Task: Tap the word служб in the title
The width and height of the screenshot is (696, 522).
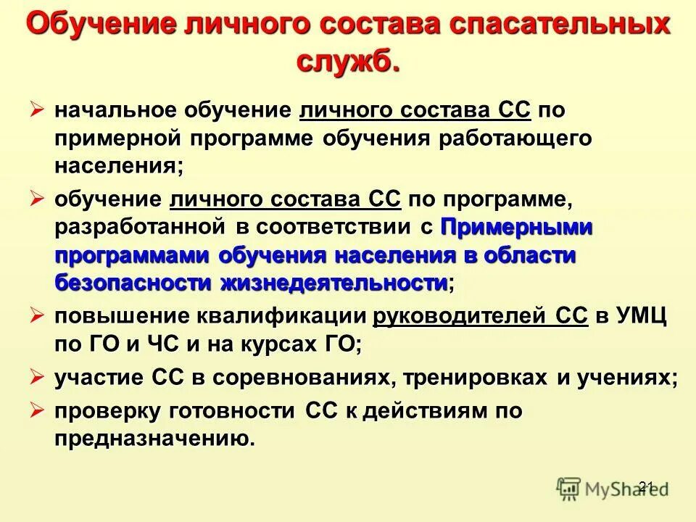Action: pyautogui.click(x=347, y=60)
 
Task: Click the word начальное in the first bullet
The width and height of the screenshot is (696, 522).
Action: pyautogui.click(x=116, y=111)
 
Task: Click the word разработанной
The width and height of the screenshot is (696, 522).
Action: pyautogui.click(x=141, y=227)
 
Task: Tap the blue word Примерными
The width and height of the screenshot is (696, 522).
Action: pyautogui.click(x=516, y=227)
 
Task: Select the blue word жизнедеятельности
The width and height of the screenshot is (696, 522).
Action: pyautogui.click(x=333, y=282)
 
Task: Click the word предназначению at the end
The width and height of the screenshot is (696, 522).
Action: pyautogui.click(x=155, y=439)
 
